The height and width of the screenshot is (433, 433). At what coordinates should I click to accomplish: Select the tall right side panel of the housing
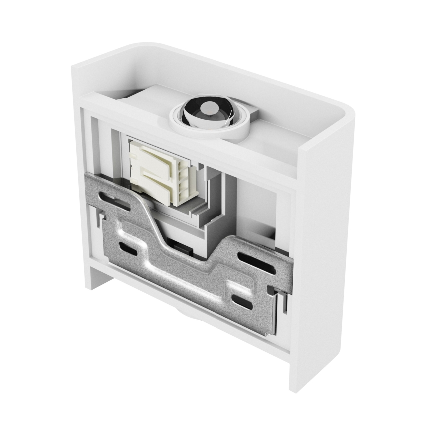point(324,249)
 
